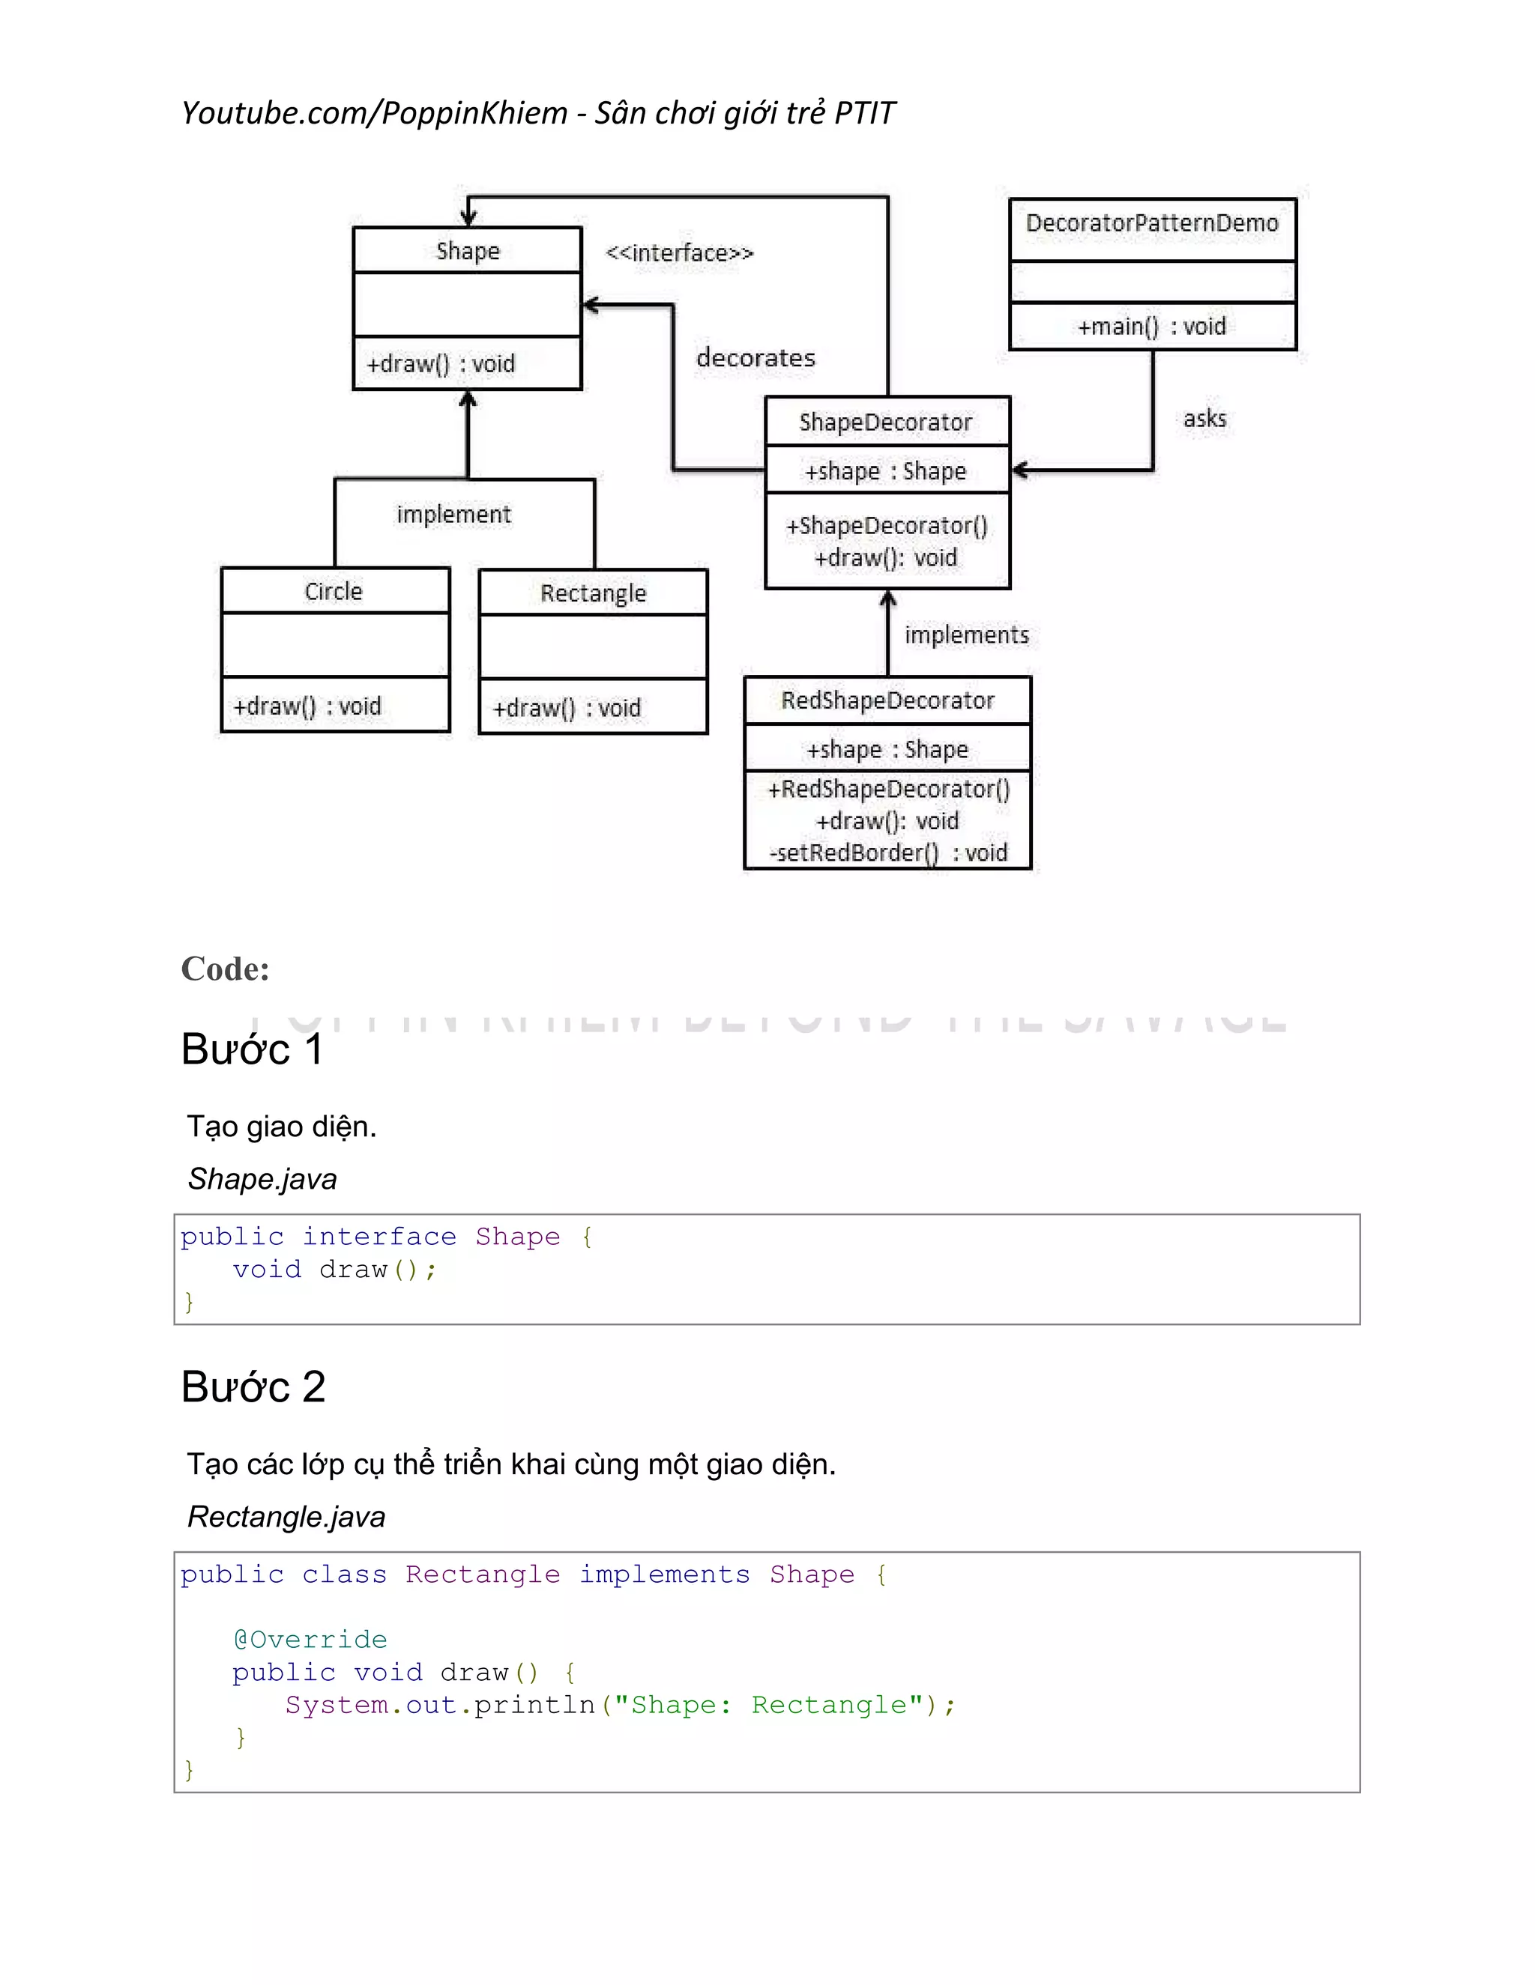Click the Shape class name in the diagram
468,251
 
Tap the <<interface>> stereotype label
679,252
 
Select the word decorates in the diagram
756,358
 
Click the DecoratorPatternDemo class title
1151,223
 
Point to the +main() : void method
1151,327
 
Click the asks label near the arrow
1204,419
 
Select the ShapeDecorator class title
885,422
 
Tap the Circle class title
334,592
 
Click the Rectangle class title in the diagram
593,593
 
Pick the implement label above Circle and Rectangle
453,515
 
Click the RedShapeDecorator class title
887,701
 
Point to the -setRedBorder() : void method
887,852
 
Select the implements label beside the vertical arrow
965,635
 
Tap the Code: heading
225,969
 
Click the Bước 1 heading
252,1049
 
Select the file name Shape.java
262,1179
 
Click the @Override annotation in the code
310,1640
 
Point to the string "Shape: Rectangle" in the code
768,1705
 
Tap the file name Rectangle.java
286,1517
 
